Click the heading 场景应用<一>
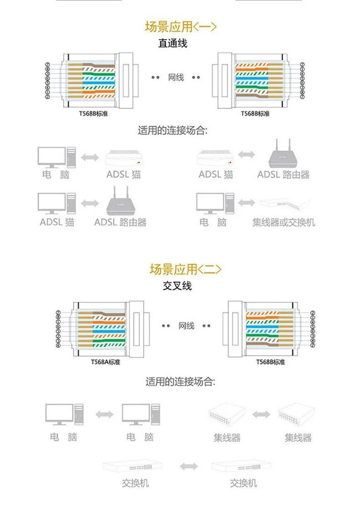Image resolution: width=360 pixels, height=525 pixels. click(180, 27)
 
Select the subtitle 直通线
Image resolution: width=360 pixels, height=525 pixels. click(173, 44)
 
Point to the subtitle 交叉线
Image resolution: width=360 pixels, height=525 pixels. click(177, 286)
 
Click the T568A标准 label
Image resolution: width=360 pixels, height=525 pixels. click(106, 362)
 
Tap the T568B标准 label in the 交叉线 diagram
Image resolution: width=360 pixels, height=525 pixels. click(270, 362)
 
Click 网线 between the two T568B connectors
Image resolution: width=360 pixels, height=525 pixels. click(176, 78)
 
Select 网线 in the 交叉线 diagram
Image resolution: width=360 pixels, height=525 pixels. click(186, 326)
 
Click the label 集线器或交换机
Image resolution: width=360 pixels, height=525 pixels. click(283, 223)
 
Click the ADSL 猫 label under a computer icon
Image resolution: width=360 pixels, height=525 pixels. click(57, 223)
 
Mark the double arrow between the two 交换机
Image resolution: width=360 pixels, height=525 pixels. click(189, 466)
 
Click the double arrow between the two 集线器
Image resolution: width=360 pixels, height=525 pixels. click(262, 415)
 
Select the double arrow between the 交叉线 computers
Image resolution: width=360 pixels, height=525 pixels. click(104, 414)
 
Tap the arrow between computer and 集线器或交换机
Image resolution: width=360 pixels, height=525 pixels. click(247, 202)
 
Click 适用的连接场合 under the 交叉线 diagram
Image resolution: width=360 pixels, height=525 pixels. click(180, 382)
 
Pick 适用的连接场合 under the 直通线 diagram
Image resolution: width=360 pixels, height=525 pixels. click(173, 131)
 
